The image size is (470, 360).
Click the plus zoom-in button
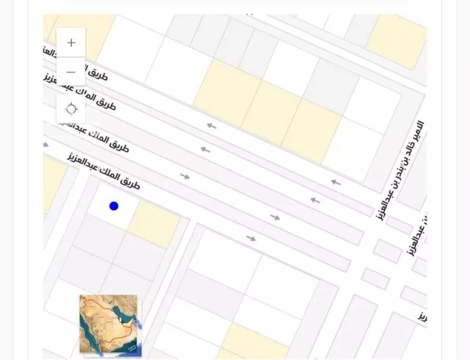(x=71, y=43)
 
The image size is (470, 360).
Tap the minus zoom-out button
(x=71, y=72)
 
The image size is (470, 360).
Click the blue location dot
(x=113, y=206)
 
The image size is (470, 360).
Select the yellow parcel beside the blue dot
(x=154, y=224)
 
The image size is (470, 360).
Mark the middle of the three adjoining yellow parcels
(x=272, y=112)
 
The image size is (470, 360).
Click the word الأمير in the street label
(x=419, y=131)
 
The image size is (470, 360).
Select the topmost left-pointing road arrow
(x=212, y=126)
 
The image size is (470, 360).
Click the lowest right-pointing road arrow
(x=251, y=238)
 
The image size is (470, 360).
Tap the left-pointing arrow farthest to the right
(x=337, y=183)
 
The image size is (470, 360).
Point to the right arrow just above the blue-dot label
(x=185, y=176)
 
